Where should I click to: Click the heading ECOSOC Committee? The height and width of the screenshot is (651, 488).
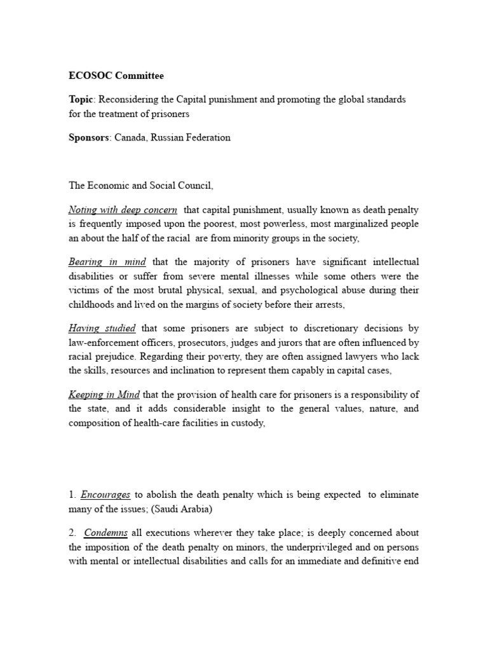point(116,76)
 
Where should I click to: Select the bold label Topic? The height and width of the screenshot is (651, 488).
point(81,100)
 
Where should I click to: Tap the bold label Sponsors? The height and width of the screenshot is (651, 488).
point(90,137)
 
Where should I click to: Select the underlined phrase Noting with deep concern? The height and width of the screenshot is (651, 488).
point(123,210)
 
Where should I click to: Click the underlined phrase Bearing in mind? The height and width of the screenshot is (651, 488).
point(107,262)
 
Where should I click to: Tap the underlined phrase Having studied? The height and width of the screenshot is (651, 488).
point(102,328)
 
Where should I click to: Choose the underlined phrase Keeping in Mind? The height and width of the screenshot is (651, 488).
point(104,395)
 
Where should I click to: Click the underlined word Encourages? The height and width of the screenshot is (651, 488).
point(105,494)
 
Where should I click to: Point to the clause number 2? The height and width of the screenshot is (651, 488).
point(72,533)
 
